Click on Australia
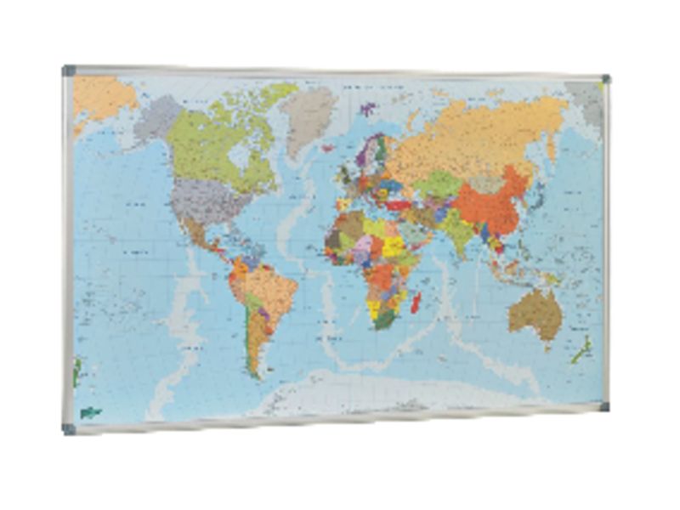pos(535,313)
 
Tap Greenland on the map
pos(308,115)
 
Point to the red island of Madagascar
pos(416,301)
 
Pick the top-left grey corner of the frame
pos(69,71)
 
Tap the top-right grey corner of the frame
pos(604,80)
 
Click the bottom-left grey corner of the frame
pos(69,428)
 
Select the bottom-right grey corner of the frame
pos(603,406)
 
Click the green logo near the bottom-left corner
pos(90,412)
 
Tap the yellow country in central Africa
pos(394,246)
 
